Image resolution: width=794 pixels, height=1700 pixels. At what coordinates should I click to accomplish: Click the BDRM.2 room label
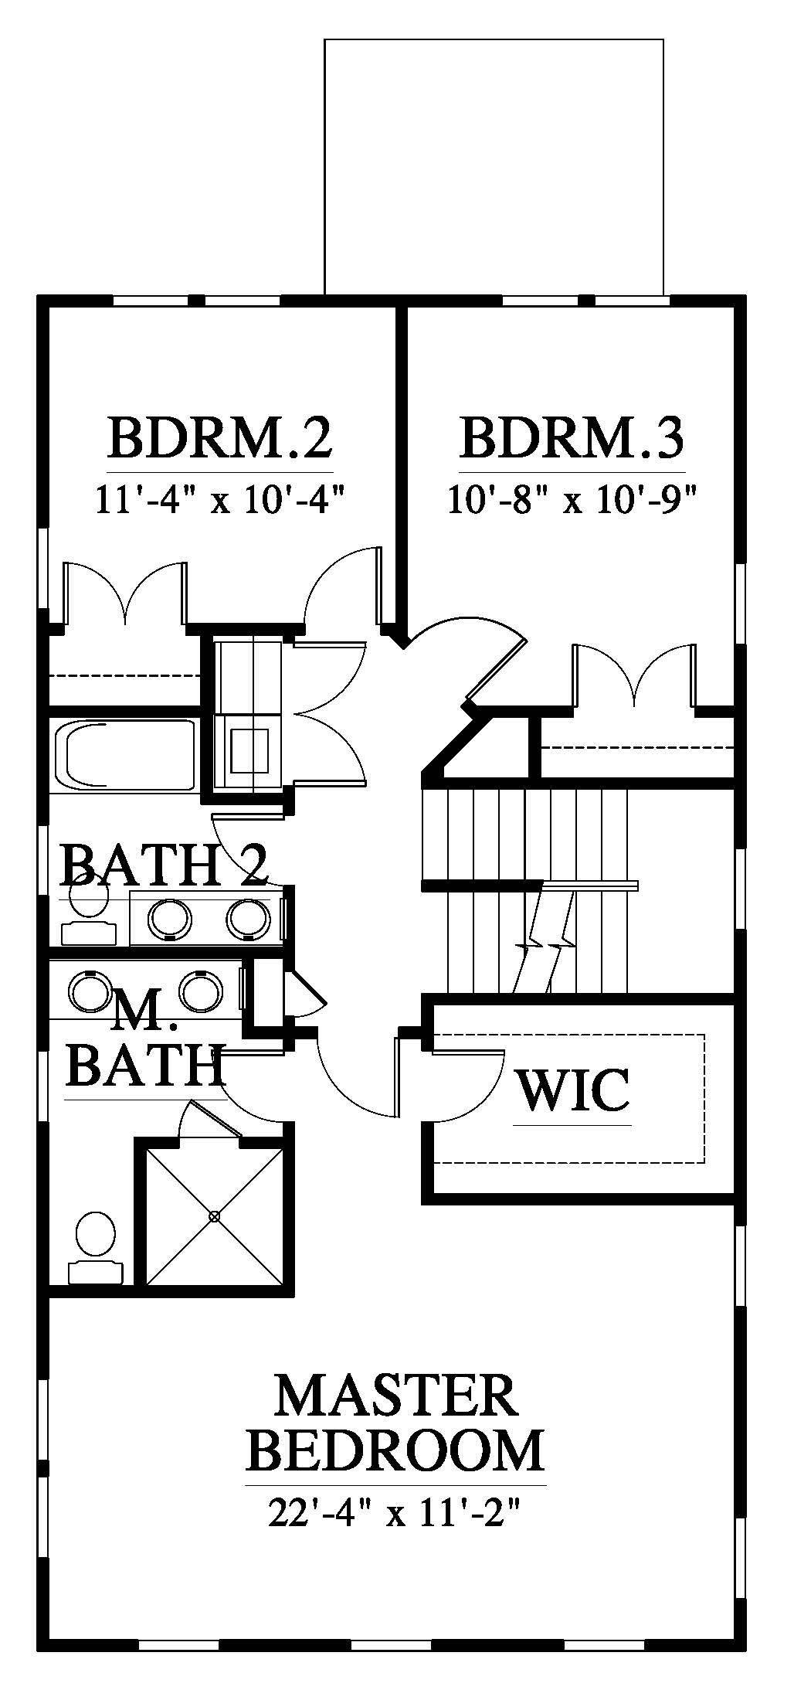220,438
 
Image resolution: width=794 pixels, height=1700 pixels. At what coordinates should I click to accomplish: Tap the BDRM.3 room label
572,438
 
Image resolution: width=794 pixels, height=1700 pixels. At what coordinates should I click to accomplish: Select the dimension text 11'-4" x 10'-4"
219,500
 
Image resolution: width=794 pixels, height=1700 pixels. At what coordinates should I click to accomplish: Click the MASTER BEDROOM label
395,1423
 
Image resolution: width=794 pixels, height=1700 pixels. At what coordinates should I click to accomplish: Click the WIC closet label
572,1090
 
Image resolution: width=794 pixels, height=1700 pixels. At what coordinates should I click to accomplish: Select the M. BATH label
144,1043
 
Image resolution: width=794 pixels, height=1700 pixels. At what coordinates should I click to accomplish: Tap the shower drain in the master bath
215,1216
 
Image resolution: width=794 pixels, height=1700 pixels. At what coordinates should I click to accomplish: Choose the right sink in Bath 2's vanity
247,918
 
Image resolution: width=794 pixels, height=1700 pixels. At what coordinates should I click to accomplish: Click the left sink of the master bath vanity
90,990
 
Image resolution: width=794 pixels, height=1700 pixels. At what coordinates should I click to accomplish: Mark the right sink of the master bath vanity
200,990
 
